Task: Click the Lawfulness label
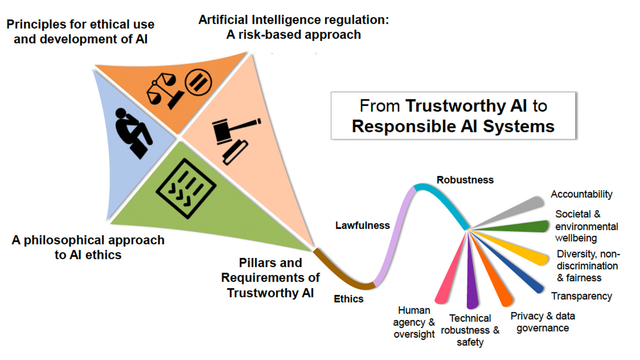point(363,225)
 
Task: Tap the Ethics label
point(349,299)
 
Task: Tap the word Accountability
point(582,194)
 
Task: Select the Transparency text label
point(582,296)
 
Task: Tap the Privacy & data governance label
point(542,322)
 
